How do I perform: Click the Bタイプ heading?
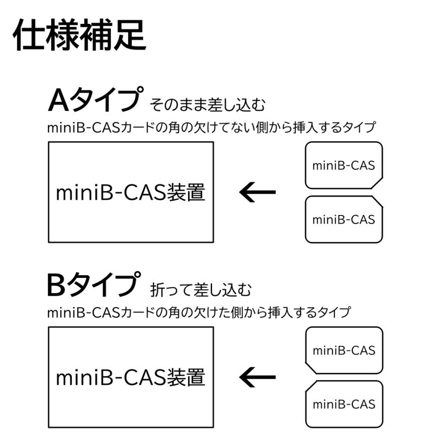(92, 285)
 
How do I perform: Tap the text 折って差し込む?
(200, 290)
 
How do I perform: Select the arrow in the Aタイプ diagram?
(257, 192)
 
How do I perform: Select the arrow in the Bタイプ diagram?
(257, 377)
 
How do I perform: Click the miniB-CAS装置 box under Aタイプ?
(130, 192)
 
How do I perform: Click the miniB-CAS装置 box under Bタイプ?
(130, 377)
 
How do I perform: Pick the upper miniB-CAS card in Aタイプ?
(343, 165)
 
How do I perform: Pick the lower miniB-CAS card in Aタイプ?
(343, 219)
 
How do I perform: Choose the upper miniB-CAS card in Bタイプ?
(343, 350)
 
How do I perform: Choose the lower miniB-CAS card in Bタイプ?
(343, 404)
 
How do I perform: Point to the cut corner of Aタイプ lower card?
(378, 201)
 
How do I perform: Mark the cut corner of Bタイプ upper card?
(310, 368)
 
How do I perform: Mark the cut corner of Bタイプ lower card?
(310, 386)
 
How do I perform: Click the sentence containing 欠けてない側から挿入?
(211, 127)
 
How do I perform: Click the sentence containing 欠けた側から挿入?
(199, 313)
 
